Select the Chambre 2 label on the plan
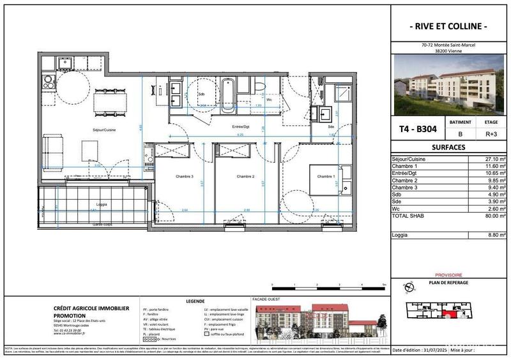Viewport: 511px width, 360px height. click(245, 176)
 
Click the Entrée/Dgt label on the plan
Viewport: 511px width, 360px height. click(240, 127)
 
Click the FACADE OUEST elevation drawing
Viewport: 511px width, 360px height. click(319, 322)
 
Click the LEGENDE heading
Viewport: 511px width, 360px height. click(195, 300)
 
